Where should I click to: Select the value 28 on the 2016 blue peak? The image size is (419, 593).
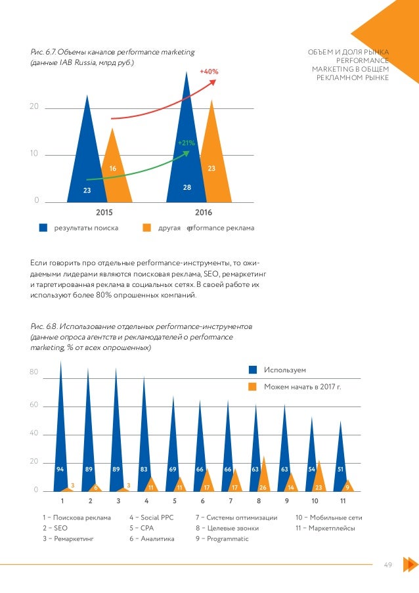click(x=187, y=188)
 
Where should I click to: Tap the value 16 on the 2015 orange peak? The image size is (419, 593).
click(x=113, y=169)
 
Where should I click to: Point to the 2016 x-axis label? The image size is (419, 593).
click(x=204, y=213)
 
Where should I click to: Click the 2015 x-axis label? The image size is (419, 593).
click(x=104, y=213)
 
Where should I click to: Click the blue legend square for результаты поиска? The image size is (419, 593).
click(x=43, y=229)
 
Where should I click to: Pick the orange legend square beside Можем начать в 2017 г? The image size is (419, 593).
click(x=252, y=387)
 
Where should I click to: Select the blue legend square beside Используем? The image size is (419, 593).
click(x=252, y=370)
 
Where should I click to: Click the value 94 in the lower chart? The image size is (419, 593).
click(x=60, y=470)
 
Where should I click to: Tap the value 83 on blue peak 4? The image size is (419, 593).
click(x=144, y=470)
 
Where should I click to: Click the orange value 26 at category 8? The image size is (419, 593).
click(x=263, y=487)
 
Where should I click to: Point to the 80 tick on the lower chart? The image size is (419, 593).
click(x=33, y=373)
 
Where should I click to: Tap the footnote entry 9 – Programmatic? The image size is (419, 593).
click(x=223, y=538)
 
